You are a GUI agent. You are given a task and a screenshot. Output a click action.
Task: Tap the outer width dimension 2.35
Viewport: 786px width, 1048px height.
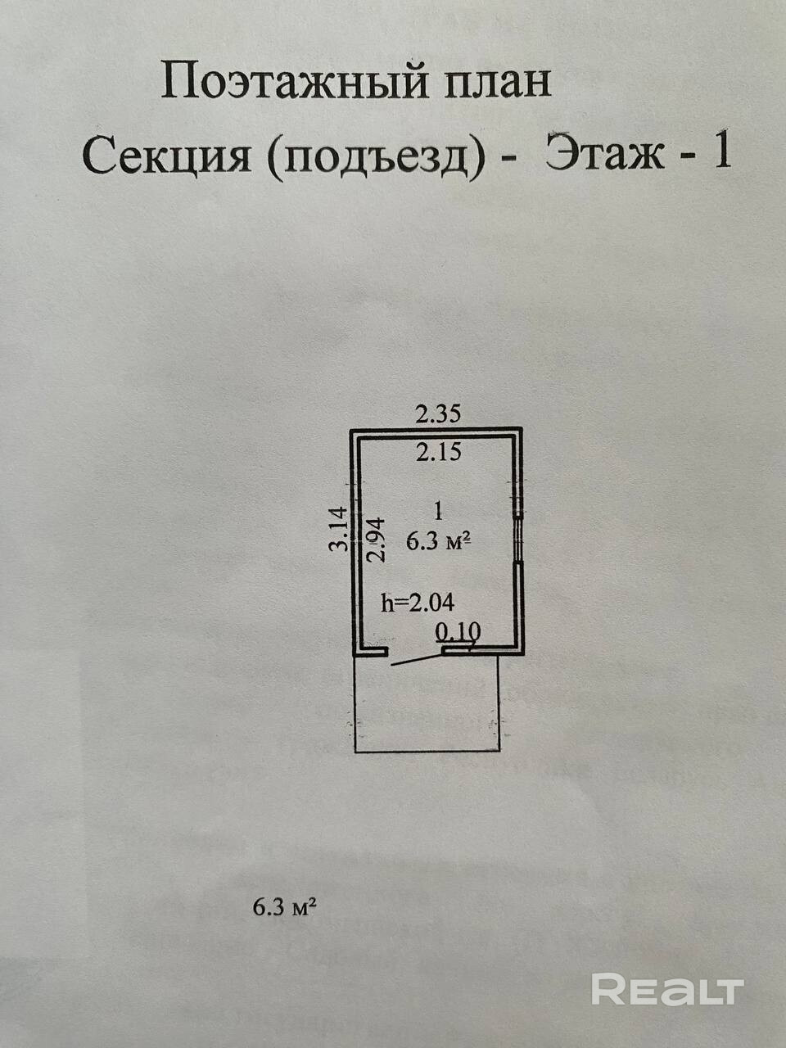[x=438, y=414]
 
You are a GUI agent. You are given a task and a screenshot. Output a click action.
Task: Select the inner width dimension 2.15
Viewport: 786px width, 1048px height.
[x=438, y=451]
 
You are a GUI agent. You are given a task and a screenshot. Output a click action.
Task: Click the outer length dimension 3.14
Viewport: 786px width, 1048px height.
[x=339, y=530]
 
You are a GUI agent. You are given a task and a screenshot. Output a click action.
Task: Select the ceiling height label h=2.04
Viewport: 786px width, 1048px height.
[x=418, y=603]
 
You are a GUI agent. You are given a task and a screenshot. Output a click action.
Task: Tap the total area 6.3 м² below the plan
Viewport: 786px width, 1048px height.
[x=284, y=906]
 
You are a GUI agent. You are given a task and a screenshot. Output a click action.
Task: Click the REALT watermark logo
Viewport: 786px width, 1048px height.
[x=666, y=990]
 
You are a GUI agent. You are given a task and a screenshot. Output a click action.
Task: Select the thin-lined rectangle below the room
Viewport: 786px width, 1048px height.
[x=426, y=712]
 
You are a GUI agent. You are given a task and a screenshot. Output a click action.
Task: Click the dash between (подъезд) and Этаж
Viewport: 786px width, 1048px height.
[x=510, y=158]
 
